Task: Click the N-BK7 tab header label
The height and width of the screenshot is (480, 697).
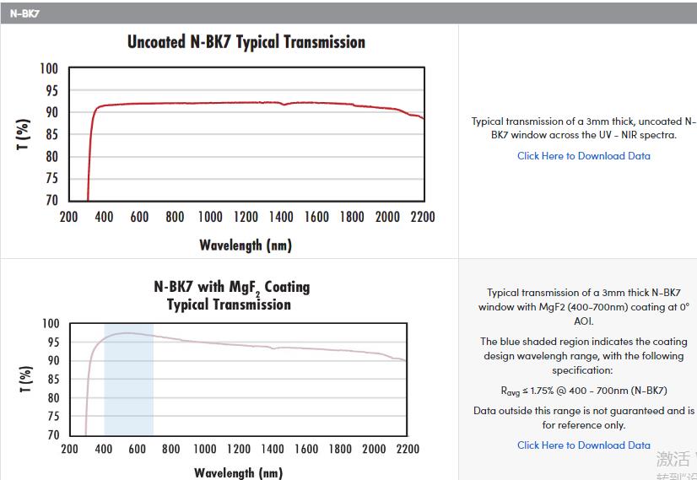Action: click(24, 13)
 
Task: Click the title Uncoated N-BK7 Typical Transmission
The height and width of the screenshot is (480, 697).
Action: click(246, 42)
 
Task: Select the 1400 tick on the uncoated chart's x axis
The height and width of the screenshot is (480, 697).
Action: click(281, 217)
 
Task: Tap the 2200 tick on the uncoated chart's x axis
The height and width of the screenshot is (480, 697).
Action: click(422, 217)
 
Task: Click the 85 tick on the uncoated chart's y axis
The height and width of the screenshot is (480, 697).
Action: click(51, 156)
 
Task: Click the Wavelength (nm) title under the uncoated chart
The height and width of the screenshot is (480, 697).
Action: click(245, 245)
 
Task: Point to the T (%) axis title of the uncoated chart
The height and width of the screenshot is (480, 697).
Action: click(24, 135)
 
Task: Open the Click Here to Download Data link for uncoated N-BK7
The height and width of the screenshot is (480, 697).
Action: click(583, 155)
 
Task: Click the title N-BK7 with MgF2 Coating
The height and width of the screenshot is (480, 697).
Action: click(231, 287)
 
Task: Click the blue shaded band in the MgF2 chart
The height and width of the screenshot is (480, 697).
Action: click(128, 380)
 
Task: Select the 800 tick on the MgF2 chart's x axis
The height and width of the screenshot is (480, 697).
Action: click(170, 449)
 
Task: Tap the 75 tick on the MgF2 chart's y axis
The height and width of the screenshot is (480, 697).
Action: click(51, 416)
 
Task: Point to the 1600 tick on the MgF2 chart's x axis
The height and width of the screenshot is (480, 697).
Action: click(306, 449)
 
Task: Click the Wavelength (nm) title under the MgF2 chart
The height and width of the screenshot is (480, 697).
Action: click(238, 472)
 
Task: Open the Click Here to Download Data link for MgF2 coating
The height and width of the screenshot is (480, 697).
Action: click(583, 445)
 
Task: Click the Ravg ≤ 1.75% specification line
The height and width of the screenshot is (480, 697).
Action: click(583, 391)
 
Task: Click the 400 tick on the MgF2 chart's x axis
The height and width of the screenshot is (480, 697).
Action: click(104, 449)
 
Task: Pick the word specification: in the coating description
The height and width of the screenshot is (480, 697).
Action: click(582, 370)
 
